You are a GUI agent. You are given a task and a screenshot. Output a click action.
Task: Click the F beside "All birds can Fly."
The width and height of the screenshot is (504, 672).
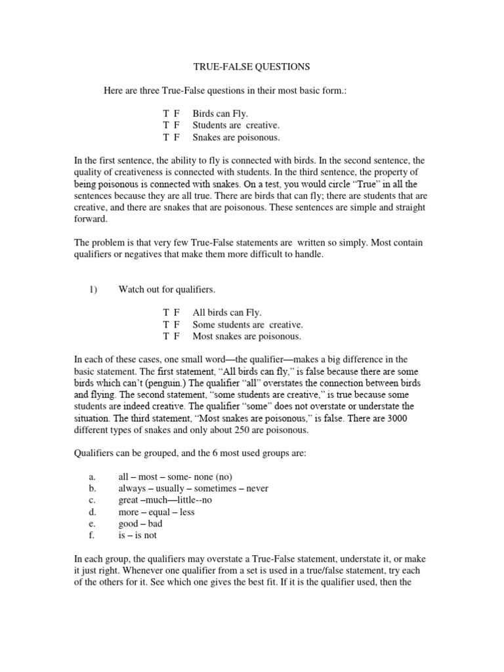[x=177, y=313]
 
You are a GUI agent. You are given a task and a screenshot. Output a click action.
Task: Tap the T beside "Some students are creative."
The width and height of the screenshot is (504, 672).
[x=167, y=325]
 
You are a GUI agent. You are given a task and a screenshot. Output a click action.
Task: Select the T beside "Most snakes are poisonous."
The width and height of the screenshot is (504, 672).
[x=167, y=337]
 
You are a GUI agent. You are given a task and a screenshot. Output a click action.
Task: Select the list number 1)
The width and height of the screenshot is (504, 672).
[x=93, y=289]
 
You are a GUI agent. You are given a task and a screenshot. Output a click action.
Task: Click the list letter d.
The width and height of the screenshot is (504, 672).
[x=93, y=513]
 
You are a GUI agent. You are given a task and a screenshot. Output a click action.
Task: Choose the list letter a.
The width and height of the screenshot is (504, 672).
[x=92, y=477]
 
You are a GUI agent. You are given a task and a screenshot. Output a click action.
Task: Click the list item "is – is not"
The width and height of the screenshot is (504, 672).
[x=137, y=536]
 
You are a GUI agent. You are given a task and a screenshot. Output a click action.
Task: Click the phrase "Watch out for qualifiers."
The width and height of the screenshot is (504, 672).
[x=167, y=289]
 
